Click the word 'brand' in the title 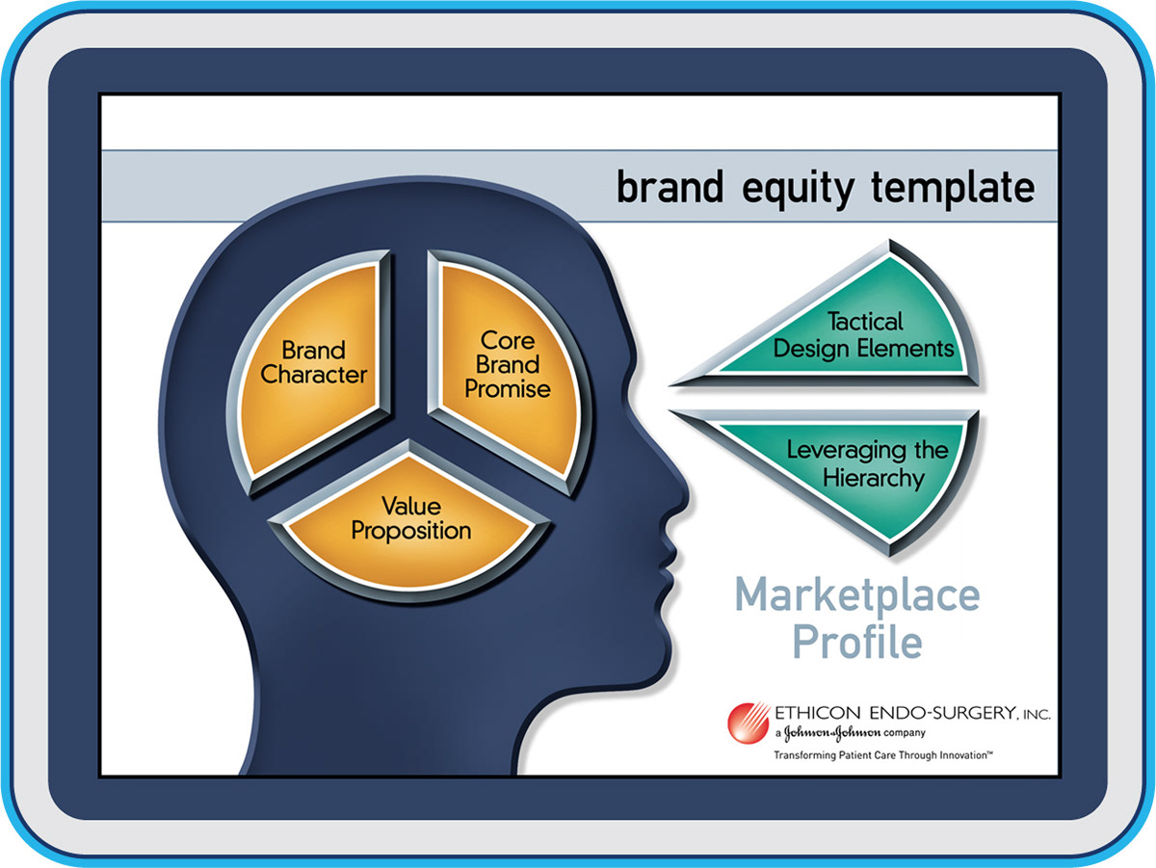pos(670,187)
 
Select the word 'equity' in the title pos(798,190)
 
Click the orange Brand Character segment pos(311,369)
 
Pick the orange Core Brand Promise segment pos(509,369)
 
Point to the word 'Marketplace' pos(857,595)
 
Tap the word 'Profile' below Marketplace pos(857,642)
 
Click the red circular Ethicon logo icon pos(749,723)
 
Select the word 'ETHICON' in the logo pos(817,713)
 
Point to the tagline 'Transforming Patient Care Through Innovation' pos(883,755)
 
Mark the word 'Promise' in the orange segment pos(507,389)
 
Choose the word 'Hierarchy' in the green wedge pos(873,478)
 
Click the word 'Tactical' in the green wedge pos(865,322)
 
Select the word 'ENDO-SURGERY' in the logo pos(941,713)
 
